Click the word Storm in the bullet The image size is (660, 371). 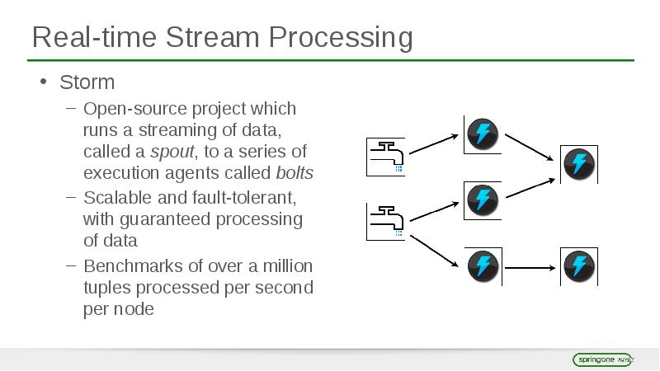(87, 82)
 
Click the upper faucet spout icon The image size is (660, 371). (386, 157)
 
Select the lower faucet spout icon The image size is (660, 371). (386, 220)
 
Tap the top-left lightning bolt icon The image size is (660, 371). (483, 134)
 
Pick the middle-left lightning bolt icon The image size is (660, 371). (483, 200)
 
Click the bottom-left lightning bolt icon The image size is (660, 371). (483, 265)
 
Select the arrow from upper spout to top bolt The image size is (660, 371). (434, 144)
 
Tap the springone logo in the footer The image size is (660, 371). (603, 359)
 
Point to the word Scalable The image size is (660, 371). (115, 199)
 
